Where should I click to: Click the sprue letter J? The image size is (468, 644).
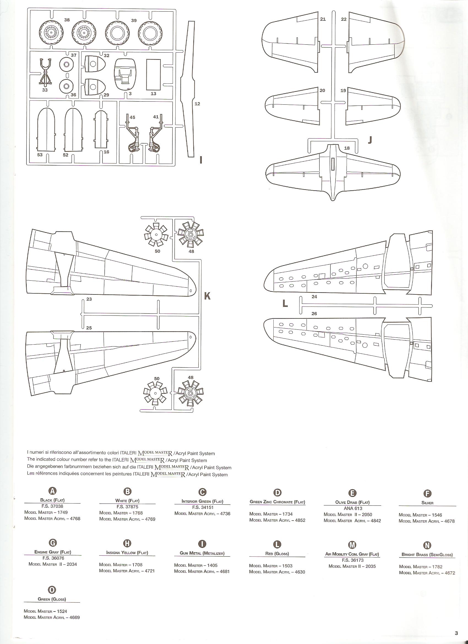point(369,140)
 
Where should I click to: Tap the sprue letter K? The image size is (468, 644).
point(208,296)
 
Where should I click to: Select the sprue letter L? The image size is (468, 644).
point(285,304)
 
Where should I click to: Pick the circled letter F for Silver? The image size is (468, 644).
point(428,494)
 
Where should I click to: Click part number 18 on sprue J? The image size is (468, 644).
point(347,148)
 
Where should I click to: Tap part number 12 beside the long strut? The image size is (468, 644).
point(197,104)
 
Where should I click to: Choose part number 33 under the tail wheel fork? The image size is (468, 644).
point(45,90)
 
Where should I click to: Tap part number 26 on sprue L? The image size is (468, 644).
point(314,313)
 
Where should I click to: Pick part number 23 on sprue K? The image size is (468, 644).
point(89,299)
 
